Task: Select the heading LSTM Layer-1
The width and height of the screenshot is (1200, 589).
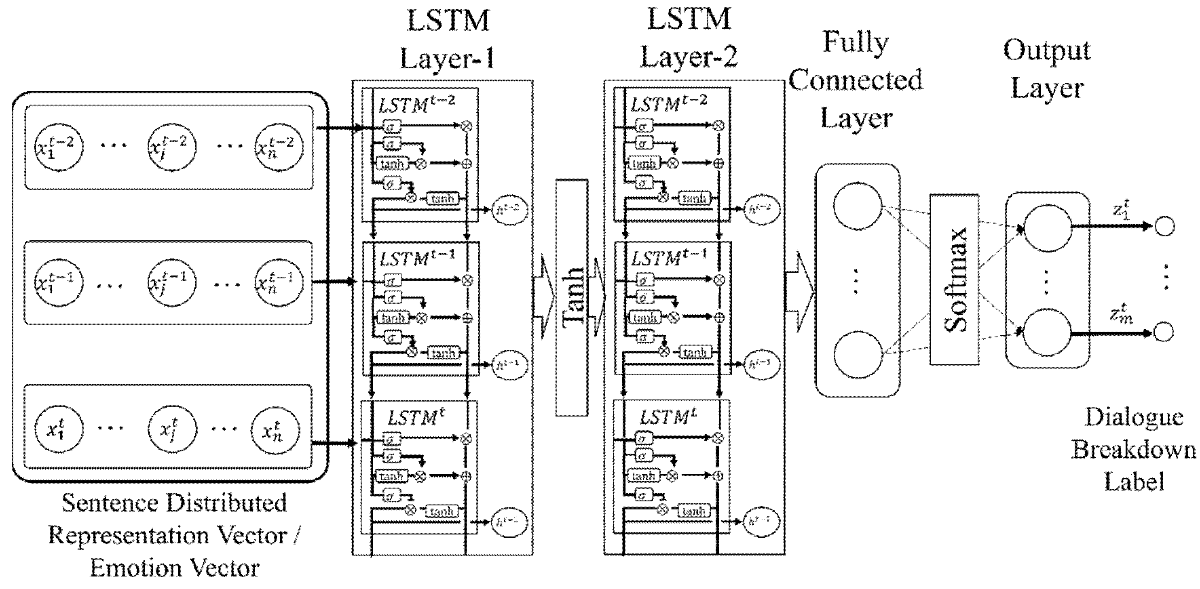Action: point(447,40)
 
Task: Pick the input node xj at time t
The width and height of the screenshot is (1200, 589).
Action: point(171,429)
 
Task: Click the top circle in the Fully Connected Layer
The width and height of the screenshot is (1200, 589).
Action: point(857,206)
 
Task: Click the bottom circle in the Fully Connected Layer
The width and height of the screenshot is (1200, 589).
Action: point(858,355)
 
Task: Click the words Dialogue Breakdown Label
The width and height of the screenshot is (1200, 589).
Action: point(1134,449)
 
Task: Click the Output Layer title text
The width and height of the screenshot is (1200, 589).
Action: point(1047,69)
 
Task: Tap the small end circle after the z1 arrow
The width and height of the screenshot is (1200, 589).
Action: point(1164,227)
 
